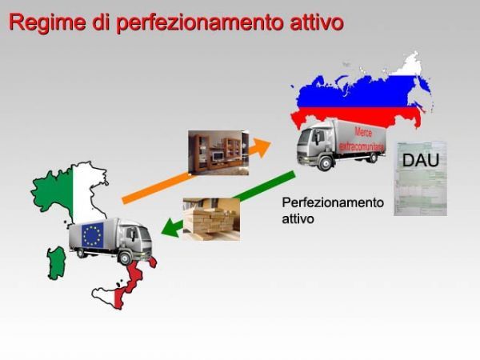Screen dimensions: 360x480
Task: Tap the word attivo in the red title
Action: (315, 22)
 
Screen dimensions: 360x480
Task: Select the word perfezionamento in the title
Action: (199, 22)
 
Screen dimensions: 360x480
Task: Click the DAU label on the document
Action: (419, 159)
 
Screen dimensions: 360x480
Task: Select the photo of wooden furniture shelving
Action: (218, 153)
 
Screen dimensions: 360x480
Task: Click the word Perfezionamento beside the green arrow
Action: (332, 203)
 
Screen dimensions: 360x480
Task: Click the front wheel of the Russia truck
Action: (326, 163)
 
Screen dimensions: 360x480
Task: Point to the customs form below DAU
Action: (420, 193)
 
